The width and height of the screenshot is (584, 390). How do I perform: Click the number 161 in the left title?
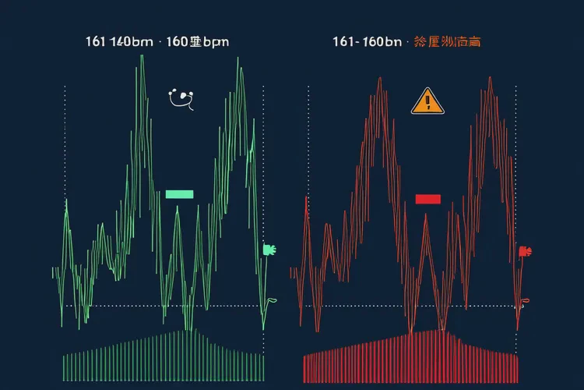tap(96, 41)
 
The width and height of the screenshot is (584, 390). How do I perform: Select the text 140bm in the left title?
tap(132, 41)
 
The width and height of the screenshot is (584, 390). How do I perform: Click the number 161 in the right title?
tap(344, 41)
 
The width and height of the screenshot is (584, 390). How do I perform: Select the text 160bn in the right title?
tap(382, 41)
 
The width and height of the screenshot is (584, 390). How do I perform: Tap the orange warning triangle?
tap(427, 101)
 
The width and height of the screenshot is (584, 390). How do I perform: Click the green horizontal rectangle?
tap(179, 194)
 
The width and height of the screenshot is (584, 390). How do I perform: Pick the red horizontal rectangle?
tap(427, 199)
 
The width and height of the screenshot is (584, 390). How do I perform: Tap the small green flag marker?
tap(269, 250)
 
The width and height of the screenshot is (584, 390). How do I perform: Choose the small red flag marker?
tap(523, 251)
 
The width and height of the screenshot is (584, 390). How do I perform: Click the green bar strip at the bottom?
tap(164, 359)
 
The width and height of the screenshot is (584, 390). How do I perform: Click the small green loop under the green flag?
tap(271, 300)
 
